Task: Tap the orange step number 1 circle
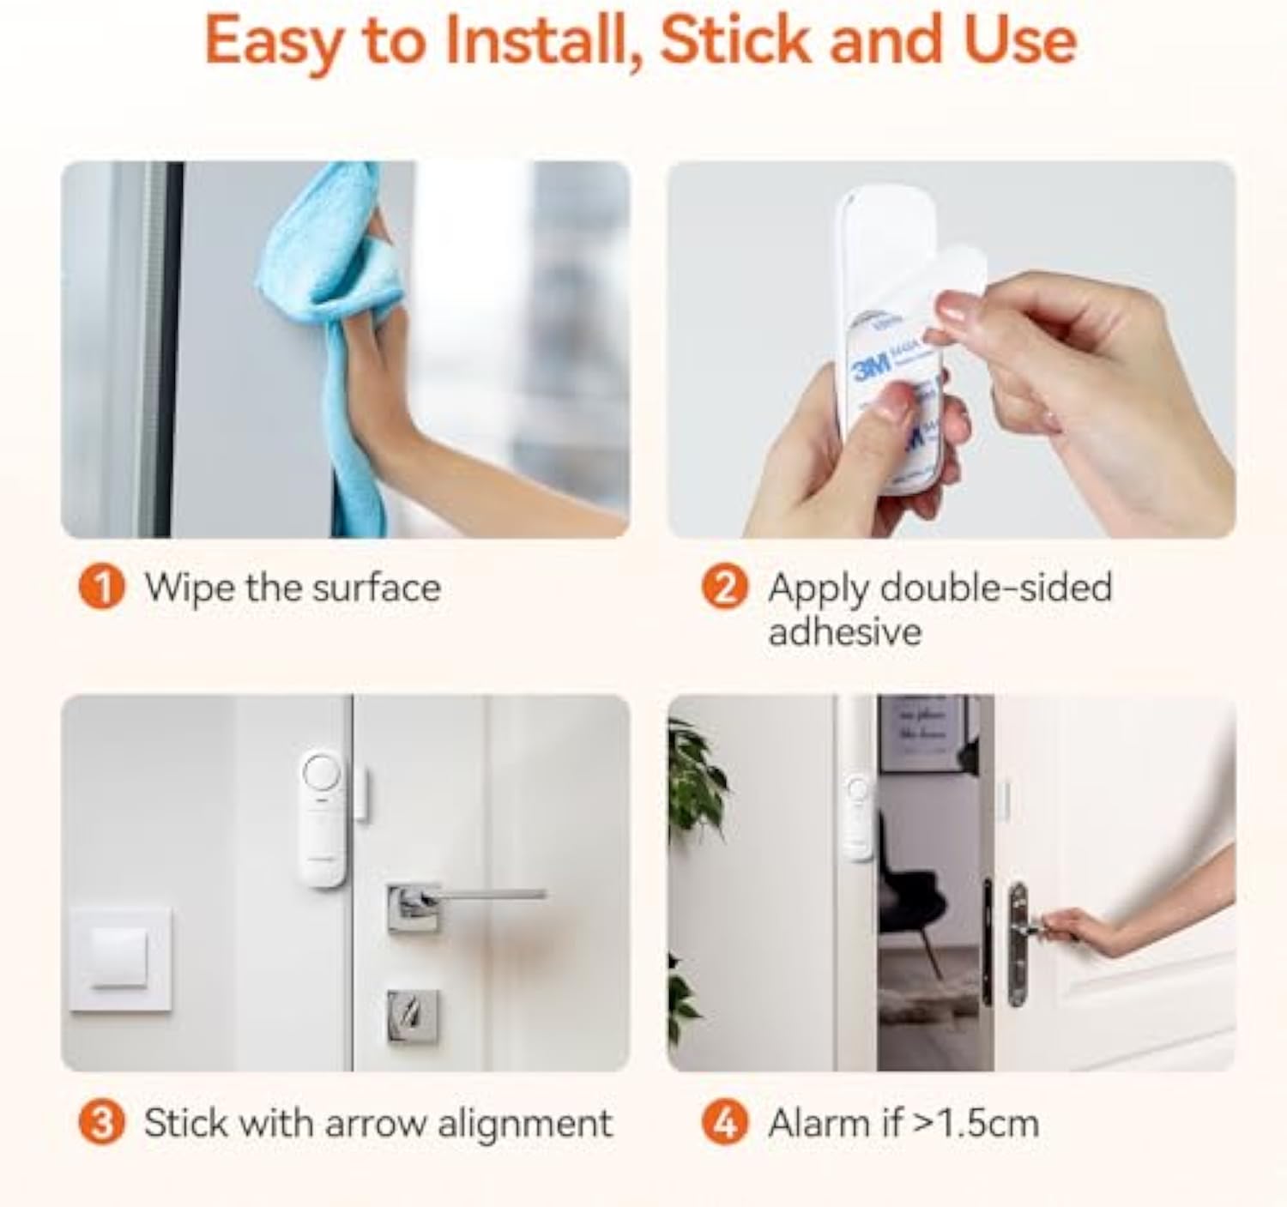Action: (101, 588)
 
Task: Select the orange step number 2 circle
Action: (725, 588)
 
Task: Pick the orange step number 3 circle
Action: (101, 1124)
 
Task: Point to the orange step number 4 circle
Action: (725, 1124)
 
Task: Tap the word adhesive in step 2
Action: (845, 633)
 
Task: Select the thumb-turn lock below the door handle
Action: (413, 1017)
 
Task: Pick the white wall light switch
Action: (119, 958)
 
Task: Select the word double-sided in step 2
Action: (996, 588)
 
